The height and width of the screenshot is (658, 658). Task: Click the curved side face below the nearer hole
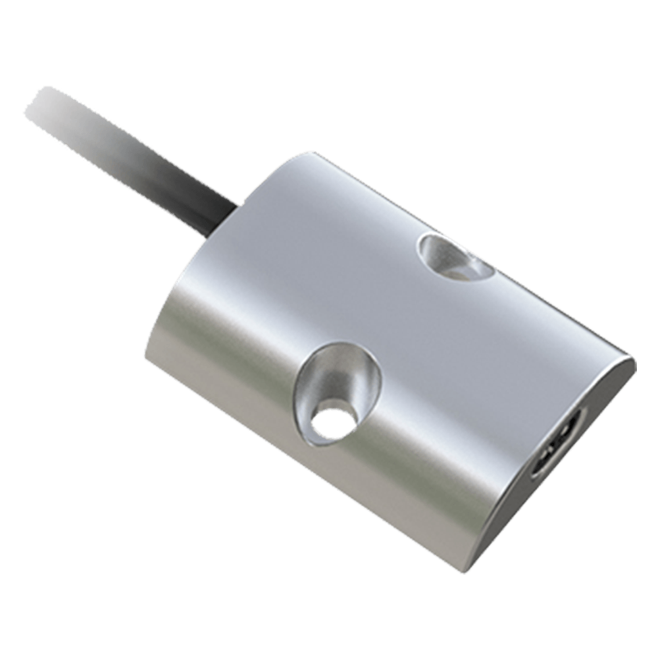coord(342,487)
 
